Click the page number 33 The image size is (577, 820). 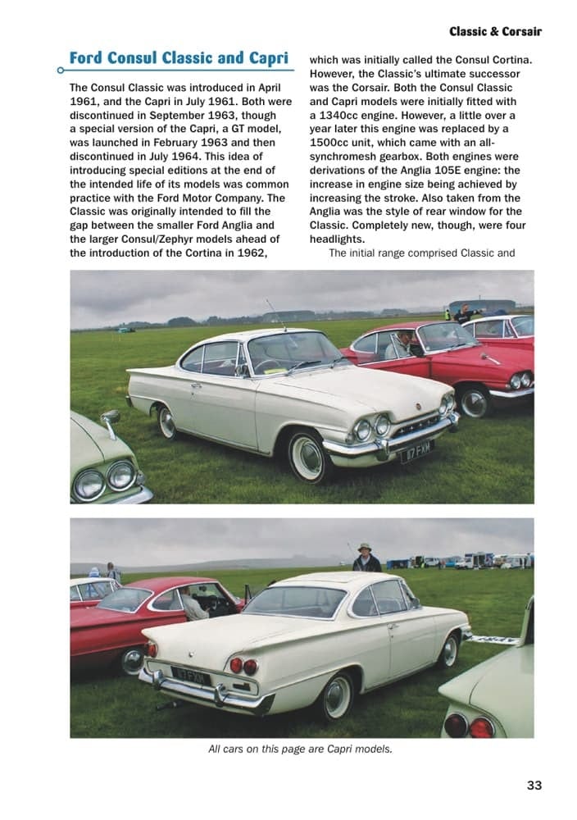coord(534,785)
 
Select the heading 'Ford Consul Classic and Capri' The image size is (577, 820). coord(179,58)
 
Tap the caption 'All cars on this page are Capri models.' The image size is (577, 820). coord(300,748)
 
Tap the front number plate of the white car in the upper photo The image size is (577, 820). coord(416,450)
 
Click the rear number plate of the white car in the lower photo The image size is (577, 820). coord(191,676)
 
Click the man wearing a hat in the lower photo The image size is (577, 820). coord(366,559)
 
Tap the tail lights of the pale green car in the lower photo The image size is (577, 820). coord(469,726)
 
